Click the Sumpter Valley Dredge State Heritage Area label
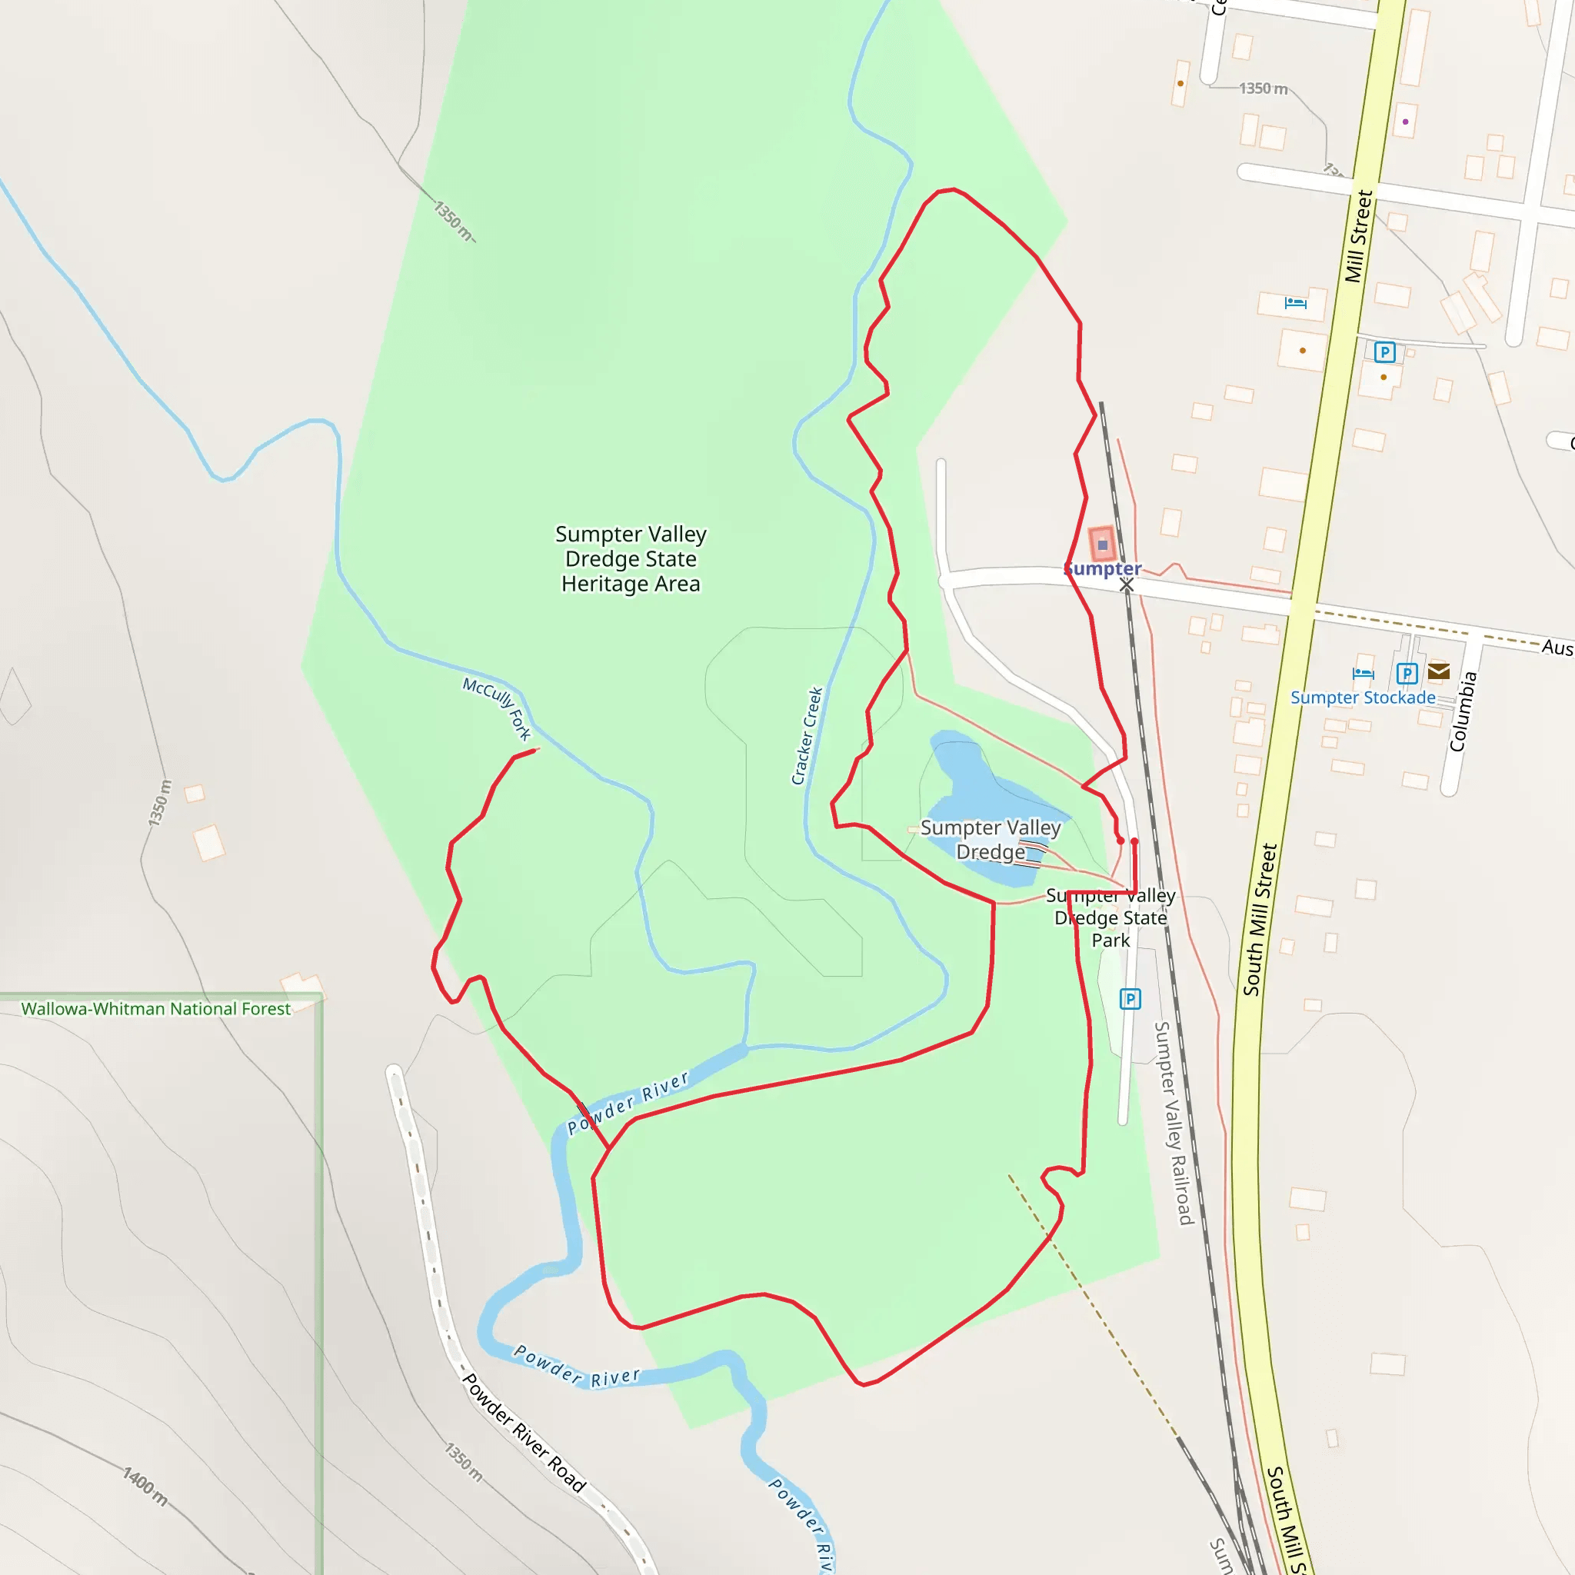point(630,559)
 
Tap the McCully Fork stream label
point(497,708)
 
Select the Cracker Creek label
point(807,735)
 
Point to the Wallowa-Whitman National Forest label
point(155,1008)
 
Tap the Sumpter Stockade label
point(1362,697)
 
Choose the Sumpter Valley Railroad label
point(1174,1123)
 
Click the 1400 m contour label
point(145,1485)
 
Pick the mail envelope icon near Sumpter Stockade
point(1439,671)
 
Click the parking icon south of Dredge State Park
point(1130,999)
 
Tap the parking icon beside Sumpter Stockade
point(1407,674)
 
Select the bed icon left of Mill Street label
point(1295,303)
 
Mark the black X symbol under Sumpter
point(1127,585)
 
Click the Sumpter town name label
point(1103,568)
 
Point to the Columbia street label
point(1463,711)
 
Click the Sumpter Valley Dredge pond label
point(991,839)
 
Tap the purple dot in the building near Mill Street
point(1406,122)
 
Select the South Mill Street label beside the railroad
point(1260,919)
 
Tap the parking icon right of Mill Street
point(1384,352)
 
